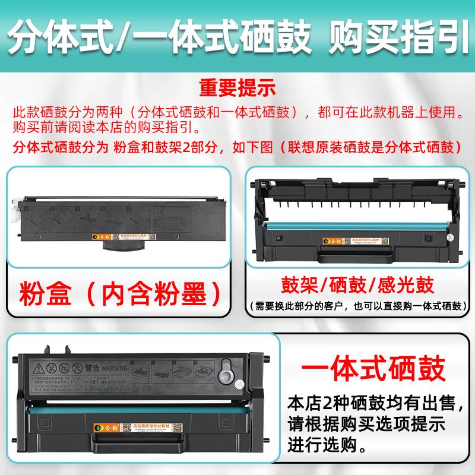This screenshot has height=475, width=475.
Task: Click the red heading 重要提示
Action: coord(237,88)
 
